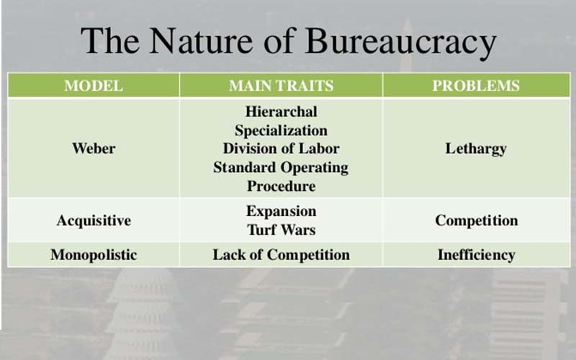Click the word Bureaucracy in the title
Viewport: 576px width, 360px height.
[401, 42]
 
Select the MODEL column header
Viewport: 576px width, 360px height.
[94, 86]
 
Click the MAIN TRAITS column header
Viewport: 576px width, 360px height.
[281, 86]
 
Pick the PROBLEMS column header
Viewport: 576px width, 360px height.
[476, 86]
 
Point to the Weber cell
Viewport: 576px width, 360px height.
[94, 148]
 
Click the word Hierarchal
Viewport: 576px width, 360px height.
[281, 112]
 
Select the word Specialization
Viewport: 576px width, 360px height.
[281, 130]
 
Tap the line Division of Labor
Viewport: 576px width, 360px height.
[281, 148]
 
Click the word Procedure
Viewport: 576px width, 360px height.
[281, 186]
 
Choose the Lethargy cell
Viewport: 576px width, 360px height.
[476, 149]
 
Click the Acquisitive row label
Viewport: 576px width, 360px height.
[94, 221]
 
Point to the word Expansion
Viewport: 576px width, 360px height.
[281, 212]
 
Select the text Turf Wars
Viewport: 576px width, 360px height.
[281, 230]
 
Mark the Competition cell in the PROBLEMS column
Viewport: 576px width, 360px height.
[477, 221]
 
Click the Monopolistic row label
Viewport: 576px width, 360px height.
[94, 255]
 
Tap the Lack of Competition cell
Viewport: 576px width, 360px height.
[281, 255]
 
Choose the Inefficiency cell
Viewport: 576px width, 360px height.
[476, 255]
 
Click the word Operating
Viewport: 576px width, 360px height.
[315, 168]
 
